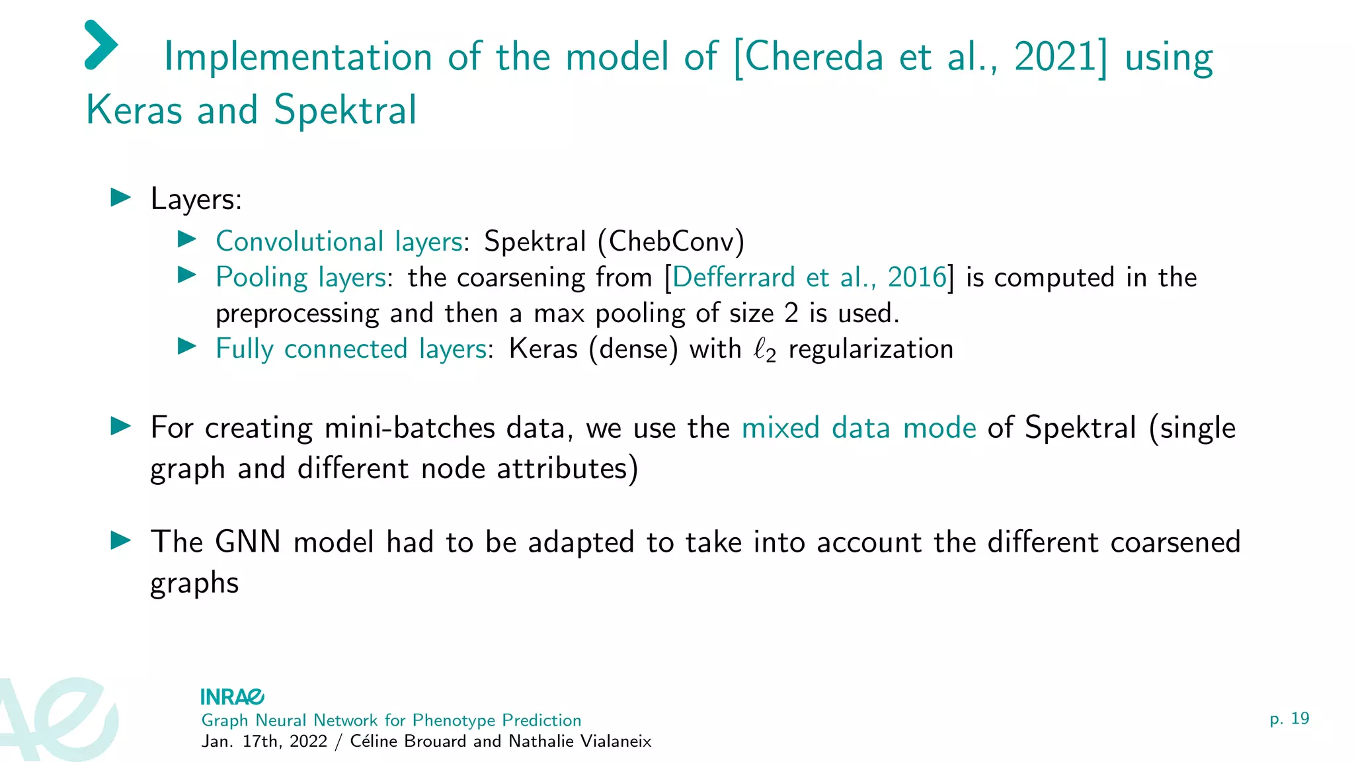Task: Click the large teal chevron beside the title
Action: pyautogui.click(x=101, y=45)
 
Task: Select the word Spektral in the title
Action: pyautogui.click(x=345, y=110)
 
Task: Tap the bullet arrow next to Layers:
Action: pyautogui.click(x=121, y=197)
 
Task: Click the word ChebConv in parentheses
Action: pyautogui.click(x=671, y=241)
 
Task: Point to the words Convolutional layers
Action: pyautogui.click(x=338, y=241)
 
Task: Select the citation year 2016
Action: pyautogui.click(x=916, y=277)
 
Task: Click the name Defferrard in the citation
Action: pyautogui.click(x=733, y=277)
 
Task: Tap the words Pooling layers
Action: pyautogui.click(x=301, y=277)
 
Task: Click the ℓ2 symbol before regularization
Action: pyautogui.click(x=764, y=350)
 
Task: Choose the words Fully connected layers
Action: pyautogui.click(x=351, y=349)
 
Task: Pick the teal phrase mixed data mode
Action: pyautogui.click(x=859, y=428)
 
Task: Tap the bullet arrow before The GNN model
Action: pyautogui.click(x=121, y=540)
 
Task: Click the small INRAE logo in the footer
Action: pyautogui.click(x=232, y=697)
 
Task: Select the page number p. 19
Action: pyautogui.click(x=1289, y=719)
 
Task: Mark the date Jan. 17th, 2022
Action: pyautogui.click(x=264, y=741)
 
